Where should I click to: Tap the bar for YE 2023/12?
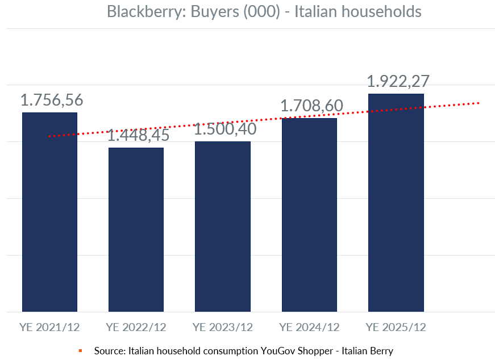[222, 227]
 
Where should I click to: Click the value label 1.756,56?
[52, 100]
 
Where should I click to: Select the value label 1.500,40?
[226, 129]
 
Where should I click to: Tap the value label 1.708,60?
[311, 106]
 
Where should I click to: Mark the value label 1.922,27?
[398, 81]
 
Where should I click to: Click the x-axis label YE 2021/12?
[49, 328]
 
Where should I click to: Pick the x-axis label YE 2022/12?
[136, 328]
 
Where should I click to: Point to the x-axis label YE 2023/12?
[222, 328]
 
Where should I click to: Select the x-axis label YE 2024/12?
[309, 328]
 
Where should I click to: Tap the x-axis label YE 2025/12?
[396, 328]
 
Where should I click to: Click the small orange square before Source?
[80, 351]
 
